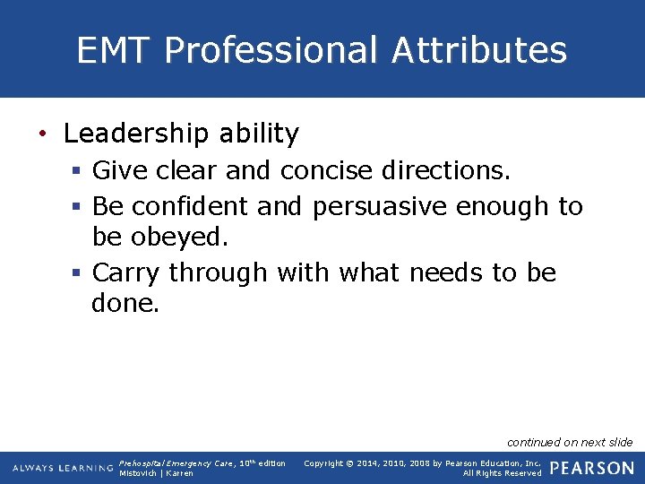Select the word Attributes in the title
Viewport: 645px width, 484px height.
(x=479, y=50)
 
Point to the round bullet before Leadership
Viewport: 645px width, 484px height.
(x=42, y=135)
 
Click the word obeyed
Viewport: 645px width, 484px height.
(x=185, y=238)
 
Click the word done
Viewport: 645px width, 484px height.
(x=125, y=304)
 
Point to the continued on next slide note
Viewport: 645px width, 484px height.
(x=570, y=442)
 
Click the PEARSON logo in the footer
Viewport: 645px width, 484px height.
(x=591, y=468)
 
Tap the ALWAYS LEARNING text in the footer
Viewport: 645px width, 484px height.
(x=63, y=469)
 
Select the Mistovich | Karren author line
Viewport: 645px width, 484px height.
(x=156, y=473)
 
